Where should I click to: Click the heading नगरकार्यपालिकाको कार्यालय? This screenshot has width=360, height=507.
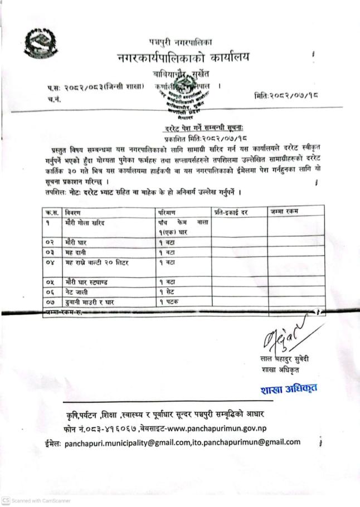click(184, 57)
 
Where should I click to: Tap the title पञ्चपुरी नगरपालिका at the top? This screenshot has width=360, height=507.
click(181, 42)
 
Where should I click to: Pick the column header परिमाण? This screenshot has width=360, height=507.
click(167, 212)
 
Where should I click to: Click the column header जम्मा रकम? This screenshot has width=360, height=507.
click(284, 212)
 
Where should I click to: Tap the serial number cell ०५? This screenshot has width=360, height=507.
click(49, 282)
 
